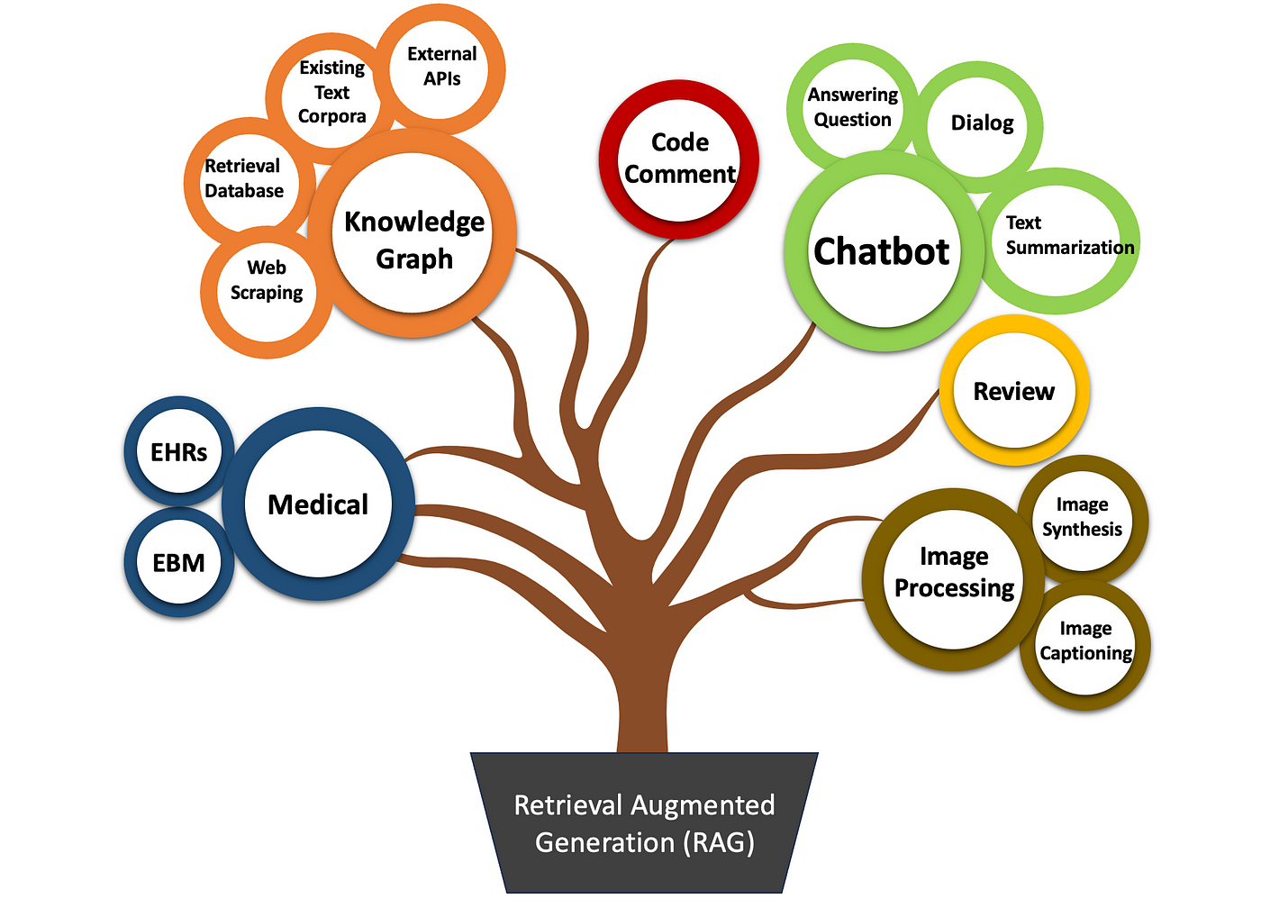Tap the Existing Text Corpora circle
pos(332,92)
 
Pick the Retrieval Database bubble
pos(244,178)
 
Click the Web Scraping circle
pos(267,280)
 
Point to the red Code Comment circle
pos(679,159)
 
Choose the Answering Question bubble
pos(852,107)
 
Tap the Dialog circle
pos(981,123)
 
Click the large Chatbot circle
pos(882,251)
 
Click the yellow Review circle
pos(1013,391)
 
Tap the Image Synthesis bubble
pos(1082,517)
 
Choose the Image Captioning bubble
pos(1085,641)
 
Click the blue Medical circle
pos(318,504)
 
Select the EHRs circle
pos(179,452)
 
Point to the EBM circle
pos(179,563)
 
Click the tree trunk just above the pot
pos(643,721)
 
